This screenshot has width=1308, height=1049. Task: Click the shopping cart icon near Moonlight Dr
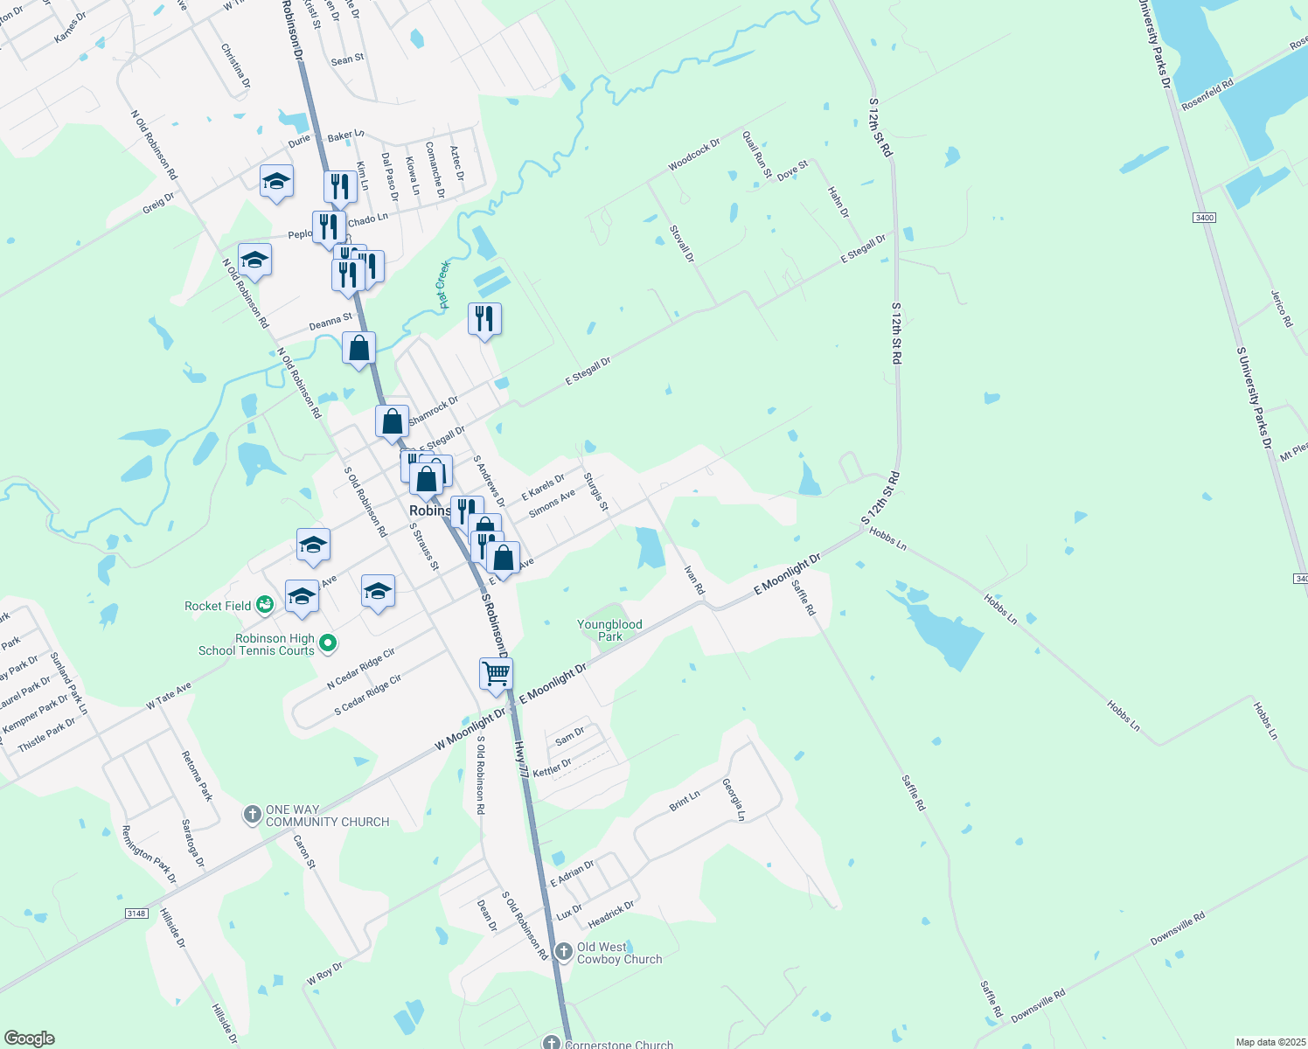click(496, 675)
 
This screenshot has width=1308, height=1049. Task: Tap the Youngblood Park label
click(609, 630)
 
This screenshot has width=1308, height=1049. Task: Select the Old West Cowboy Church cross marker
click(563, 951)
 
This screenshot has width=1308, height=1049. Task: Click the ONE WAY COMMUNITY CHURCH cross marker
click(252, 815)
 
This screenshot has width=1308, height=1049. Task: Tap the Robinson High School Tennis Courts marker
click(328, 644)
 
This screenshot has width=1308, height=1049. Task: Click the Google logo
click(30, 1039)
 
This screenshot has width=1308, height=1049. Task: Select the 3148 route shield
click(136, 914)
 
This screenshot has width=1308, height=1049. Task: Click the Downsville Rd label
click(1177, 928)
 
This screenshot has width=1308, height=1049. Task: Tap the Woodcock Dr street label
click(694, 155)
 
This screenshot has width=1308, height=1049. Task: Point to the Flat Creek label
click(443, 284)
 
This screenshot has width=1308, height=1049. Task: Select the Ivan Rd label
click(693, 580)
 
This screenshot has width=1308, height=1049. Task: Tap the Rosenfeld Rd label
click(1207, 94)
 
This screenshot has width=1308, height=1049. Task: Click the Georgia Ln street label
click(734, 800)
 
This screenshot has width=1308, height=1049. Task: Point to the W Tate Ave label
click(169, 696)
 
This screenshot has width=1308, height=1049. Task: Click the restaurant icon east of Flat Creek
click(484, 320)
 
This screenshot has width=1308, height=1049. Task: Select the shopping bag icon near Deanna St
click(358, 349)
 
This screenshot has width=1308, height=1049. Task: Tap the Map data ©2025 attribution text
click(1270, 1042)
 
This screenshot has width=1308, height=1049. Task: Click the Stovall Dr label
click(681, 244)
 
